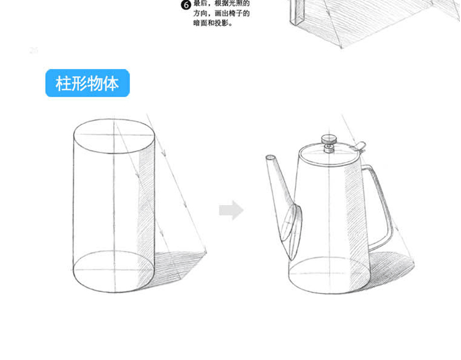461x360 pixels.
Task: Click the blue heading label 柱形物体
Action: [x=88, y=83]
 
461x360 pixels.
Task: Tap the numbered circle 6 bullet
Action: [x=186, y=5]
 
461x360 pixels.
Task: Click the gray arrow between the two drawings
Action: [x=232, y=210]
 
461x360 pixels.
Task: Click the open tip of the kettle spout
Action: [x=271, y=158]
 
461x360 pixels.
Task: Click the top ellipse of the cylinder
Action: [x=114, y=136]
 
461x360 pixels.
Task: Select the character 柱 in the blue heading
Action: [x=63, y=83]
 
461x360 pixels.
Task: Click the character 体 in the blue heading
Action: [x=111, y=83]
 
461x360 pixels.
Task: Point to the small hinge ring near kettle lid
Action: [x=360, y=146]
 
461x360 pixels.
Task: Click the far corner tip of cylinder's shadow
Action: [x=206, y=252]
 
